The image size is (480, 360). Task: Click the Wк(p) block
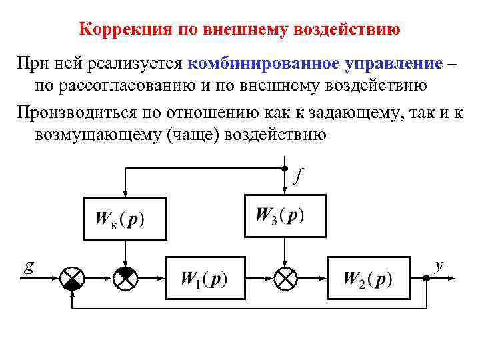click(x=124, y=219)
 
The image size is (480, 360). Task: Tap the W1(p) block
click(x=205, y=277)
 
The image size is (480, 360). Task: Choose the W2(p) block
click(x=367, y=277)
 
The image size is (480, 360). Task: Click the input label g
click(x=29, y=265)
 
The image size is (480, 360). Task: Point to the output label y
click(x=439, y=265)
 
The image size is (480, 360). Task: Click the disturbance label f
click(x=299, y=176)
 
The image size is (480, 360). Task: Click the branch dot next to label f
click(x=285, y=169)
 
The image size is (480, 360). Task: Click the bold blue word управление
click(x=394, y=64)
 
